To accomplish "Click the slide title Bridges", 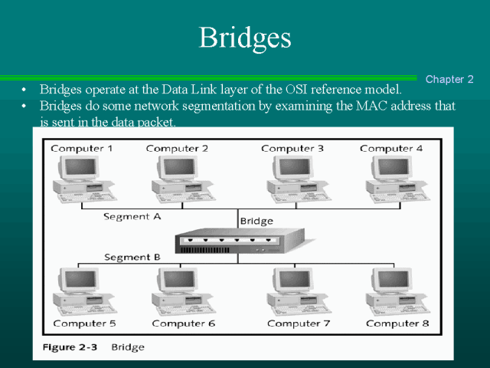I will coord(245,37).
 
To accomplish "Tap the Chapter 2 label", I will coord(449,79).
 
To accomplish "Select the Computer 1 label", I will coord(82,148).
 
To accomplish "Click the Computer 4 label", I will coord(390,148).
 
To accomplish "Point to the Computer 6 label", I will coord(184,324).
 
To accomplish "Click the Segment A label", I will coord(132,217).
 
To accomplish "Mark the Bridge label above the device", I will coord(256,222).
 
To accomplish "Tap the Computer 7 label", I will coord(299,324).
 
